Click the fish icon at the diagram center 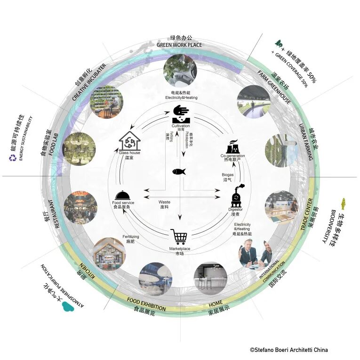coord(179,172)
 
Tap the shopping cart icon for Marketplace coord(179,236)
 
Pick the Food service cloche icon coord(120,194)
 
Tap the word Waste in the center coord(164,202)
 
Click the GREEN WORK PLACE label coord(179,45)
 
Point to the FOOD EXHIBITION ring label coord(146,304)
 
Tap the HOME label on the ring coord(216,303)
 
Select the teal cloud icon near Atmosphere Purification coord(69,306)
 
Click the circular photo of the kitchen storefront coord(109,253)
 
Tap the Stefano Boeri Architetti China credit coord(288,350)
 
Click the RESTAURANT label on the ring coord(58,216)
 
